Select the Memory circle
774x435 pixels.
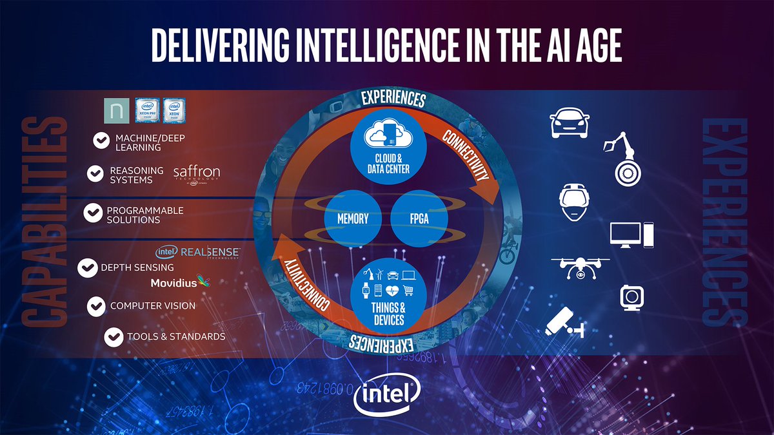coord(353,219)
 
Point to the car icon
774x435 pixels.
coord(568,121)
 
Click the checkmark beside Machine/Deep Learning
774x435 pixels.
coord(101,141)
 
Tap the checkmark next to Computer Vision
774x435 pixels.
coord(97,305)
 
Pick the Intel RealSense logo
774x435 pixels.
coord(199,252)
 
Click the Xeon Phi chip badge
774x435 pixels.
coord(147,111)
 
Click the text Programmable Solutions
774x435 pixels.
coord(145,215)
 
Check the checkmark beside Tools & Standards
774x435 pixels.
coord(114,336)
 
